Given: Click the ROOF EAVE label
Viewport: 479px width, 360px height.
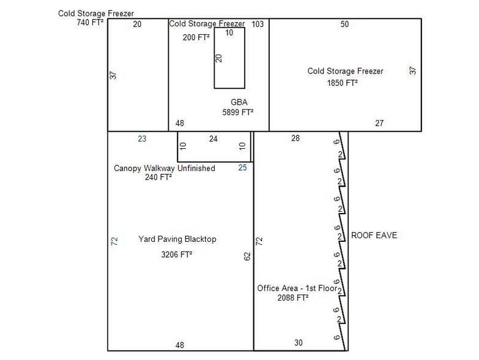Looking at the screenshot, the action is click(374, 235).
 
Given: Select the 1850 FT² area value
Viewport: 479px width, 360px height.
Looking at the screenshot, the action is click(342, 83).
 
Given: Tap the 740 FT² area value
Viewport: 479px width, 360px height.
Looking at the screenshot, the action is click(90, 22).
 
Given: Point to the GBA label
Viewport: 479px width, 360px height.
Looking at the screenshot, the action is click(239, 102).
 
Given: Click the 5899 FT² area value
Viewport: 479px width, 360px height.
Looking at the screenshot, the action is click(238, 112).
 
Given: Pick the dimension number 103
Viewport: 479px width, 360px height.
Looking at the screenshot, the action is click(258, 24).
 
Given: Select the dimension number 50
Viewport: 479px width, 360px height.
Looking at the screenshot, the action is click(344, 24).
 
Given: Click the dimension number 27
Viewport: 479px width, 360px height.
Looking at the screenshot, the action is click(379, 123).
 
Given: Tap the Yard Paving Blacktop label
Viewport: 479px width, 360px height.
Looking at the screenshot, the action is click(177, 239).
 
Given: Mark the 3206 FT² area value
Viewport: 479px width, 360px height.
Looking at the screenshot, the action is click(177, 254).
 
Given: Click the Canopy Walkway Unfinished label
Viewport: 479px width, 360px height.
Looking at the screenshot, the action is click(165, 168).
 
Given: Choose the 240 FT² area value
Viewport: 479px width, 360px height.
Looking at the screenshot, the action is click(158, 177).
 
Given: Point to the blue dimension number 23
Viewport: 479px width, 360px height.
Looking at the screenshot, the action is click(142, 139).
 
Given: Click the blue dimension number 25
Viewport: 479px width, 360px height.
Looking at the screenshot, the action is click(242, 168).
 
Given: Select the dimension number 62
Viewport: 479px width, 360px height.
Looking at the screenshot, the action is click(247, 256).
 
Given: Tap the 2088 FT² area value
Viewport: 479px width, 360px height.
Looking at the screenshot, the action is click(292, 298).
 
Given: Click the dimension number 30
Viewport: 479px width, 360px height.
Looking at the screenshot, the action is click(299, 343).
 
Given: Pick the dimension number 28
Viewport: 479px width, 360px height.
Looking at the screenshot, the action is click(295, 138).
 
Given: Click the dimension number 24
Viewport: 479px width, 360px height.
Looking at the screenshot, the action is click(214, 139).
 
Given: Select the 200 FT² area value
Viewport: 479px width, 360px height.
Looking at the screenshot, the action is click(196, 37).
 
